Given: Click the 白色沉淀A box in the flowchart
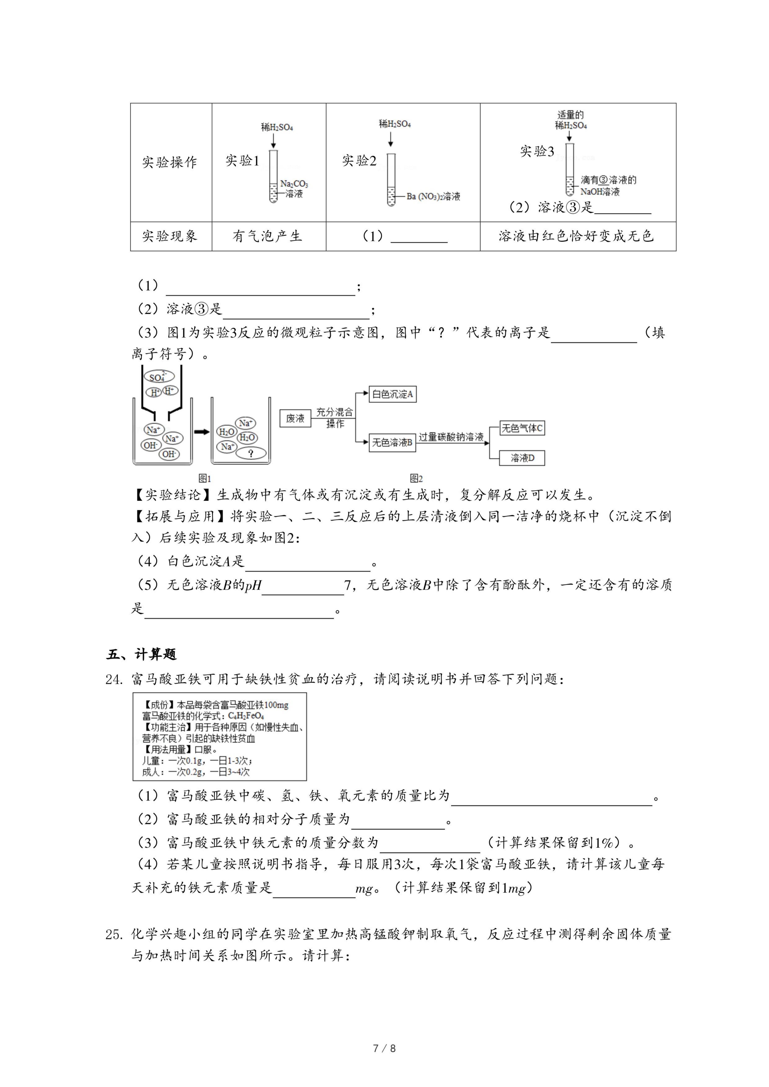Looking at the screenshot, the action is coord(392,394).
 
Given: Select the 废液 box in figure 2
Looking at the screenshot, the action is coord(295,418).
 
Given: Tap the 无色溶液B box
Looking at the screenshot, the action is coord(392,442).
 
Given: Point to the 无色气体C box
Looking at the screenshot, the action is coord(522,428).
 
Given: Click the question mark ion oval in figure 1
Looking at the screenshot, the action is coord(251,453).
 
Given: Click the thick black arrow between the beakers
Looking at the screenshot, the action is coord(202,432).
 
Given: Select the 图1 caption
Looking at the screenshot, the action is coord(205,478).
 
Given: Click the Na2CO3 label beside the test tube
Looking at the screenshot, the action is coord(294,184).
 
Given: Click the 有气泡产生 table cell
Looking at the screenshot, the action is coord(269,236).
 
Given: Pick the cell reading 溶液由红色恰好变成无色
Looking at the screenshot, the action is coord(578,236).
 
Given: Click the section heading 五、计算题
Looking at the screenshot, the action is coord(141,654).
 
